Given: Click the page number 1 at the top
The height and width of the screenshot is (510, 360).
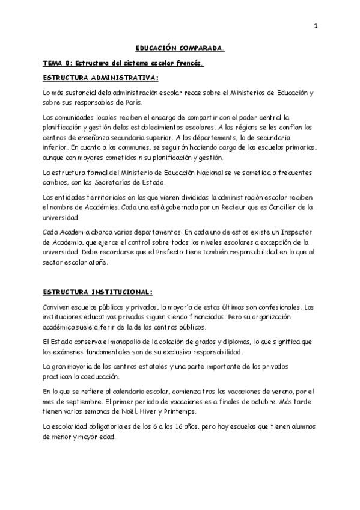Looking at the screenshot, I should (x=315, y=26).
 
